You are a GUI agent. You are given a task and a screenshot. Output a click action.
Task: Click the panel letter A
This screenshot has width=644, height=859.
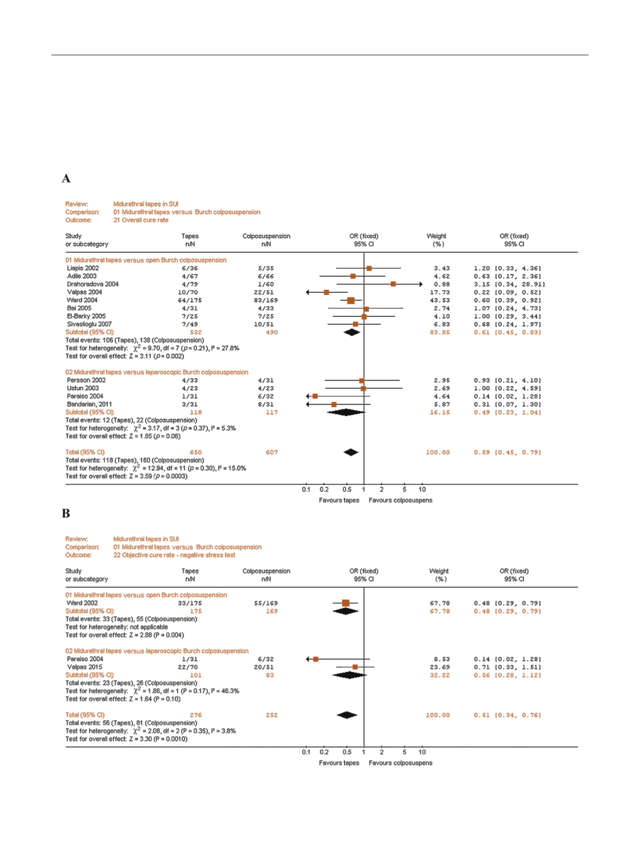[x=66, y=179]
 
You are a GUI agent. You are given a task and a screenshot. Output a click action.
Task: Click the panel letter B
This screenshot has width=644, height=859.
[x=66, y=514]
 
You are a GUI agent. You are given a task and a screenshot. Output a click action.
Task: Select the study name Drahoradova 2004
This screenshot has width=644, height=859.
[x=93, y=284]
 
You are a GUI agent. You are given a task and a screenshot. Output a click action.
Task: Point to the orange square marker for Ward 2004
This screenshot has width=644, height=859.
[x=351, y=300]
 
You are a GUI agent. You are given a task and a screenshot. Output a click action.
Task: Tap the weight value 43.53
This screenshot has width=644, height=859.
[x=439, y=300]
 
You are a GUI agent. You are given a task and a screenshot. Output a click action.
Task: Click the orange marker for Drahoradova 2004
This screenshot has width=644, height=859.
[x=393, y=284]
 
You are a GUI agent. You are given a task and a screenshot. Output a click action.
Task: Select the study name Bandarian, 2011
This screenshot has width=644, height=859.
[x=89, y=404]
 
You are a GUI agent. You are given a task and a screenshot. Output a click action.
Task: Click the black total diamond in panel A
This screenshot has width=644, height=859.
[x=351, y=452]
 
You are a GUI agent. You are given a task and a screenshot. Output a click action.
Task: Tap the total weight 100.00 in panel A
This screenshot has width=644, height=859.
[x=438, y=452]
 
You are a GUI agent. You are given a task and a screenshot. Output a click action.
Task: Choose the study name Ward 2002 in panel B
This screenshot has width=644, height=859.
[x=82, y=603]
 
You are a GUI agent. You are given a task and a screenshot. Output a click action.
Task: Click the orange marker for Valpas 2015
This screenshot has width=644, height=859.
[x=355, y=667]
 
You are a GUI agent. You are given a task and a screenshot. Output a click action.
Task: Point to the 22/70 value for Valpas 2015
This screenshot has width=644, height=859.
[x=188, y=667]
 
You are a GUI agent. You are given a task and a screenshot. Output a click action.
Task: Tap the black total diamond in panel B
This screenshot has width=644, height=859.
[x=347, y=715]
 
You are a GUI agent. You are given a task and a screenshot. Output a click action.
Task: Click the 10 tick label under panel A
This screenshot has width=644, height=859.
[x=422, y=489]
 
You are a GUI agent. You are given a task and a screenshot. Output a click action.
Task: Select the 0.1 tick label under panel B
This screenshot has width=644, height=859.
[x=306, y=752]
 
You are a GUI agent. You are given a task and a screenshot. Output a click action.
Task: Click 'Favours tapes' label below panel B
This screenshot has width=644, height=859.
[x=339, y=763]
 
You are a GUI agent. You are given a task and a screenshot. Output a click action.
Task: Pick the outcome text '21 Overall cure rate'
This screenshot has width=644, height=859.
[x=141, y=220]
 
